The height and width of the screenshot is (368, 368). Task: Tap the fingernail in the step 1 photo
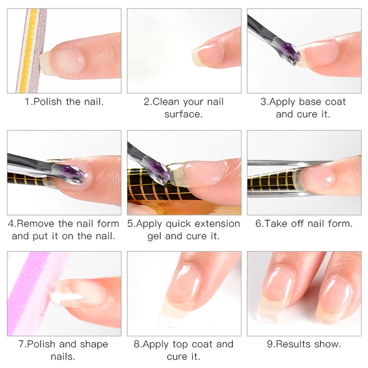click(62, 61)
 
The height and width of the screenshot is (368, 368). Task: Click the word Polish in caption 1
click(48, 102)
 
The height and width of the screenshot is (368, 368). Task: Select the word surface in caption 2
click(183, 114)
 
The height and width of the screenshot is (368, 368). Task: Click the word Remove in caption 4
click(36, 224)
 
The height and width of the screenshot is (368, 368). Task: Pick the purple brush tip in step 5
click(161, 172)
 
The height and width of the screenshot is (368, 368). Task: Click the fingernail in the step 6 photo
click(315, 178)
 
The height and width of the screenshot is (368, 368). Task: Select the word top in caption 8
click(180, 345)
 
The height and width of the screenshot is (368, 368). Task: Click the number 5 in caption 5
click(130, 224)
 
